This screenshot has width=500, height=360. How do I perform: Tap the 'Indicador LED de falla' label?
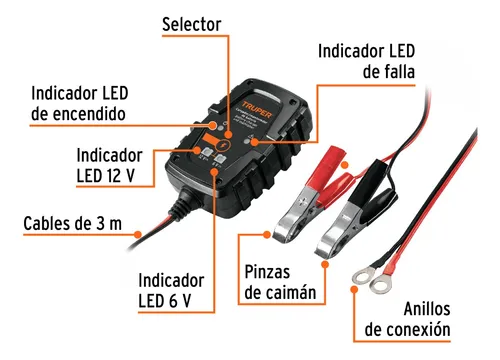[x=366, y=60]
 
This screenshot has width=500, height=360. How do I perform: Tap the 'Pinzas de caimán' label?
[x=280, y=282]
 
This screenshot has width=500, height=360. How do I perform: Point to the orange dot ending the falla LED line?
[x=258, y=143]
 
